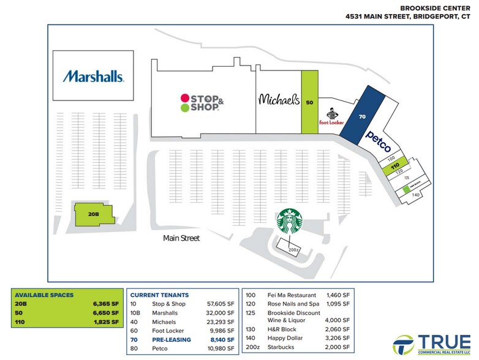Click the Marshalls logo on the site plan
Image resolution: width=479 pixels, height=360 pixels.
click(x=94, y=77)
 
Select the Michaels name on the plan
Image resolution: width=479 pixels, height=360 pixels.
click(x=279, y=99)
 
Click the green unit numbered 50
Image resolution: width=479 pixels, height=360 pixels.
click(x=309, y=102)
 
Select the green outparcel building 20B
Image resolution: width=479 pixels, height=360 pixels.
click(x=94, y=214)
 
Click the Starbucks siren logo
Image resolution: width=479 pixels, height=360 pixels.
click(x=290, y=221)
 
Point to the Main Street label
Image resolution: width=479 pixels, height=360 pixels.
click(x=181, y=238)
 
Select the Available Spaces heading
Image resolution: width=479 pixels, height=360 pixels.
click(x=44, y=295)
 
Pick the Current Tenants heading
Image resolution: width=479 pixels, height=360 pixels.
click(x=159, y=295)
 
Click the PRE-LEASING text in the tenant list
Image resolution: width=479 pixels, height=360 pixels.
click(x=172, y=339)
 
